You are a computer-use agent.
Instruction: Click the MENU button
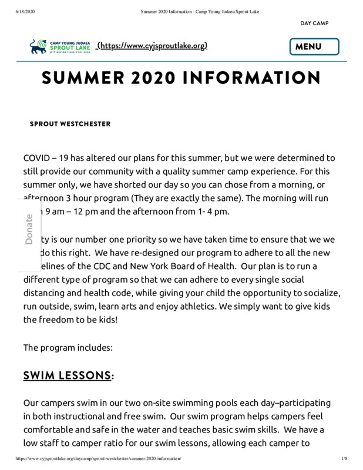coord(314,46)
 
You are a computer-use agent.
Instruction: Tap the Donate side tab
coord(29,230)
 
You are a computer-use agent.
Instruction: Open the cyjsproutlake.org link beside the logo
coord(152,46)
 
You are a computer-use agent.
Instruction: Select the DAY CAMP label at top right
coord(314,23)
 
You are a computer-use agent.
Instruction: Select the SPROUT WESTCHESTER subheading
coord(70,124)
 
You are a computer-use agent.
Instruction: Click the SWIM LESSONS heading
coord(67,375)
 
